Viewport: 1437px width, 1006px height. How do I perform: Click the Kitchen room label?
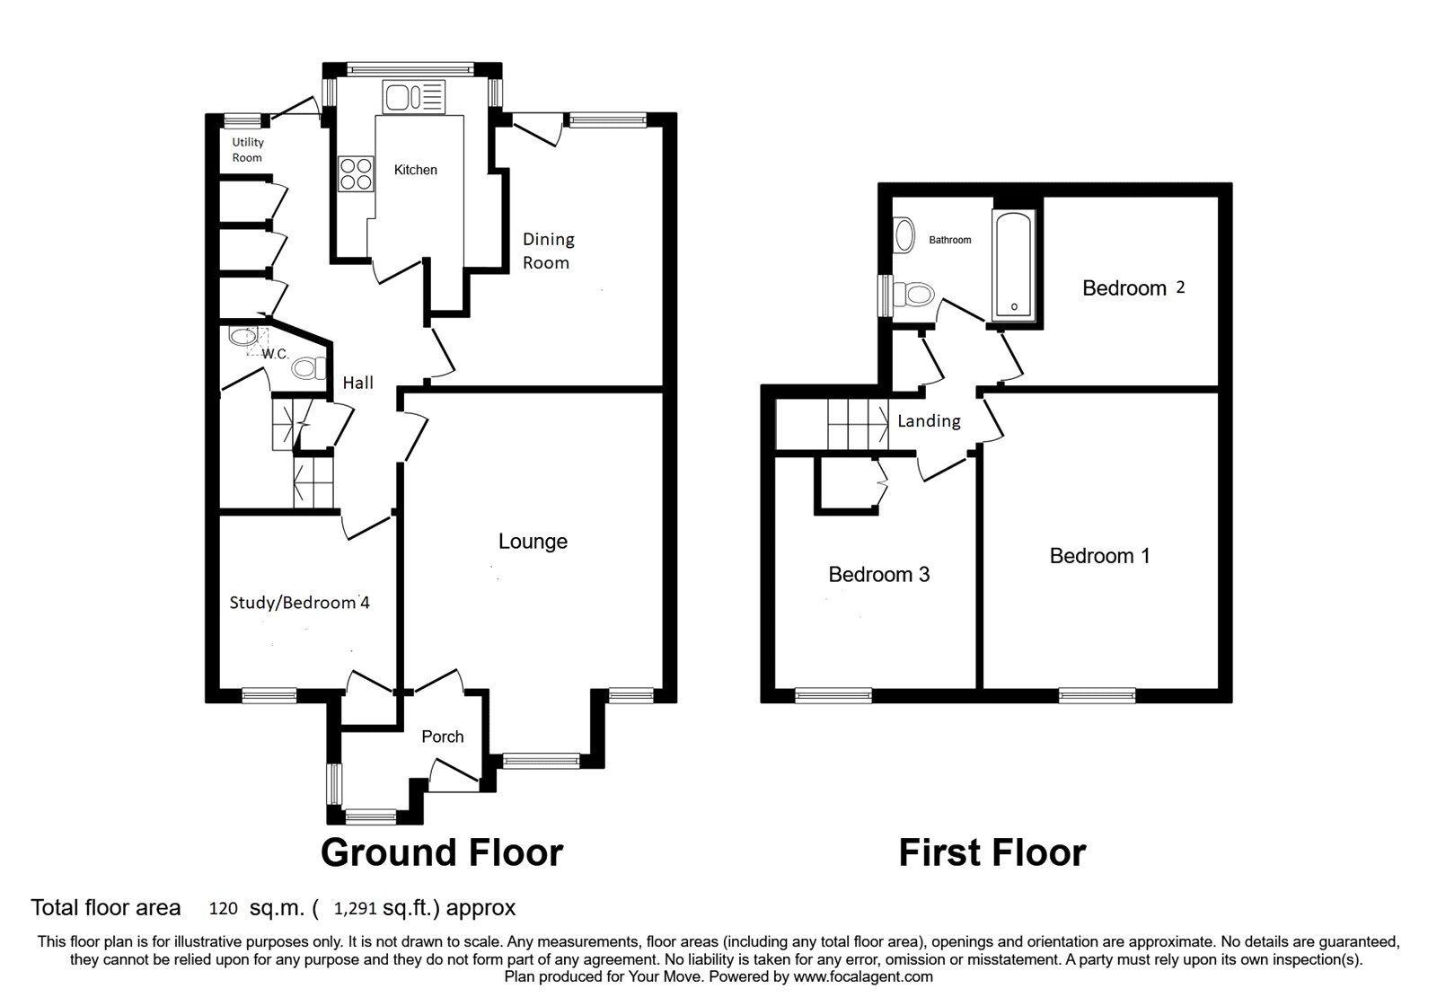415,170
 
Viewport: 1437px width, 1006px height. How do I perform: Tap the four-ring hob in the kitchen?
356,173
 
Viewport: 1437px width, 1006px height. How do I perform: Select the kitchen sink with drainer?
414,97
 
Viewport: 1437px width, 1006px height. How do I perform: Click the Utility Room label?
248,150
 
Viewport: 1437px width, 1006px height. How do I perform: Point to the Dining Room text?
547,251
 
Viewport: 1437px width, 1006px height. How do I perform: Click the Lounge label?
533,541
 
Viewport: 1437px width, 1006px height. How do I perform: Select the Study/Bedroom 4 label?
299,602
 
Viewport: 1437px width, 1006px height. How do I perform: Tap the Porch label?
443,737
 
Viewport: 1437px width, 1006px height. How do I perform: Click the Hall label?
357,383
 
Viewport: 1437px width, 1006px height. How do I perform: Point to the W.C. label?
275,354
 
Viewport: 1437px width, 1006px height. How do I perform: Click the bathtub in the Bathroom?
1014,266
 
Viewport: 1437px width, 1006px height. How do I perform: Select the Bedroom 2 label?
1133,287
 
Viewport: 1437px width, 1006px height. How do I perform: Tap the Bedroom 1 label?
1099,556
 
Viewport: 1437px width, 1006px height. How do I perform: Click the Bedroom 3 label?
878,574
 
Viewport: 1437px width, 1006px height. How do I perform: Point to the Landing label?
929,420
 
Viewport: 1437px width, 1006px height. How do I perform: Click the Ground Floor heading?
442,852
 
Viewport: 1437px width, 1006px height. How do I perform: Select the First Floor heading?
992,852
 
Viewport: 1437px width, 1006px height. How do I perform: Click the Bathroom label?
949,240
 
